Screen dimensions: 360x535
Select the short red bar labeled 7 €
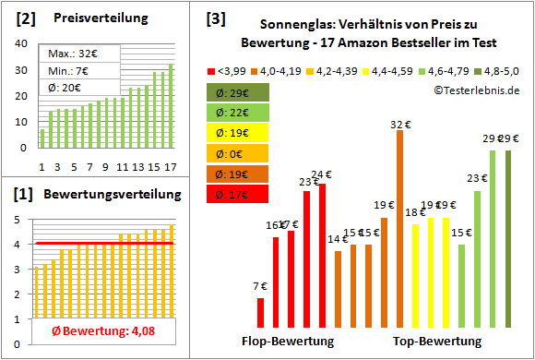(x=260, y=313)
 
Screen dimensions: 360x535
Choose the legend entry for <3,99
(x=226, y=69)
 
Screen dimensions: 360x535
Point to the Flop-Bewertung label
(x=288, y=342)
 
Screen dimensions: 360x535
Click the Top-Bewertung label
(x=437, y=342)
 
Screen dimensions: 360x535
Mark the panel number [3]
(x=215, y=18)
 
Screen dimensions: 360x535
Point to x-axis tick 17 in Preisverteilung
(x=170, y=167)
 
